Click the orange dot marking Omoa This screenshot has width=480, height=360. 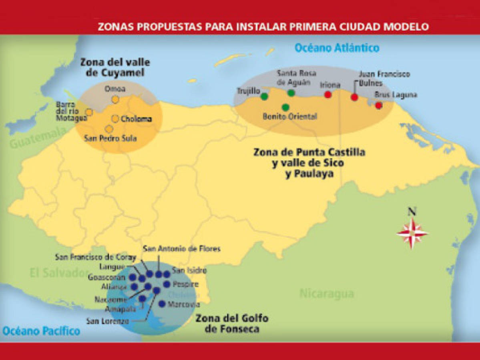115,99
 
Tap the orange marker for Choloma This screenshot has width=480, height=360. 115,119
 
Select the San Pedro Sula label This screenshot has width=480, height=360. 110,138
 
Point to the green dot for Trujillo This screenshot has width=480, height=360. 264,96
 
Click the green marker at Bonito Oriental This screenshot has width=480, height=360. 285,107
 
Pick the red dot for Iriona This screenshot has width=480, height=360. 328,95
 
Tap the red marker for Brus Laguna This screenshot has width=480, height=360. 379,105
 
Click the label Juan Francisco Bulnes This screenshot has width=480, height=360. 384,78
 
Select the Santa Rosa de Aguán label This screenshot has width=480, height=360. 297,77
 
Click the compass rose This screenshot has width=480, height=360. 412,233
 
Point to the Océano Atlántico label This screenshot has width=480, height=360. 337,48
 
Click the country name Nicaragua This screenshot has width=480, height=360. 327,294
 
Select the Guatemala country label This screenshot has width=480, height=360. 38,138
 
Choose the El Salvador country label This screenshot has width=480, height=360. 58,273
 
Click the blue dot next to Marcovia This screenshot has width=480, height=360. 162,304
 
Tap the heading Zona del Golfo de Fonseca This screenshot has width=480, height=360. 232,324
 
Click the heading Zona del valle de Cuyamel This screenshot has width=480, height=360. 115,67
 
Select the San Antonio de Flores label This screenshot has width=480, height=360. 181,249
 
